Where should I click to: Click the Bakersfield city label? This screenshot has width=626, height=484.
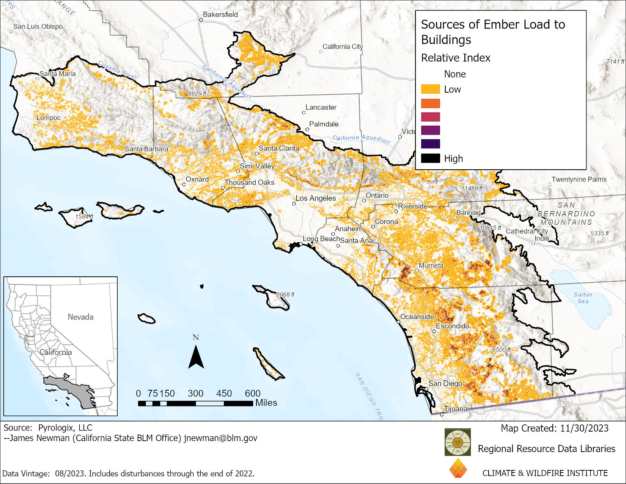220,14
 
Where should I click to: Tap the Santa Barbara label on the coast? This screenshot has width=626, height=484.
146,149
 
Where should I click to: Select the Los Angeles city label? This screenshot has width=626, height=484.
316,198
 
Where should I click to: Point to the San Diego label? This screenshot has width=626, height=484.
445,383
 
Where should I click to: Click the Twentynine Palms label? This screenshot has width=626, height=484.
579,179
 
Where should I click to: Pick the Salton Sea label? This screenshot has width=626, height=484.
583,298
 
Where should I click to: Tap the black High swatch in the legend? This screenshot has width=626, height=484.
430,158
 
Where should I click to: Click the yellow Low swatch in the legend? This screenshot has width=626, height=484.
430,89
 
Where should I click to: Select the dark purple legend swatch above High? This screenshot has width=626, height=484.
430,144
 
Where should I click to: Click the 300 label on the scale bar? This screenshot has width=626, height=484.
195,393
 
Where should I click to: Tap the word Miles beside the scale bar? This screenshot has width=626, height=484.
266,403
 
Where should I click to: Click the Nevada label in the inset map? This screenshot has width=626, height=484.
80,317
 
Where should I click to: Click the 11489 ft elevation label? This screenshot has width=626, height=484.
472,188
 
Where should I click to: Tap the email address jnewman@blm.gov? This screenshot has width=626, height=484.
220,438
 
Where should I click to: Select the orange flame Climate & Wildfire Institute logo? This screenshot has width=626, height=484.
458,468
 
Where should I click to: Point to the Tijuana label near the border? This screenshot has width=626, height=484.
456,409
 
